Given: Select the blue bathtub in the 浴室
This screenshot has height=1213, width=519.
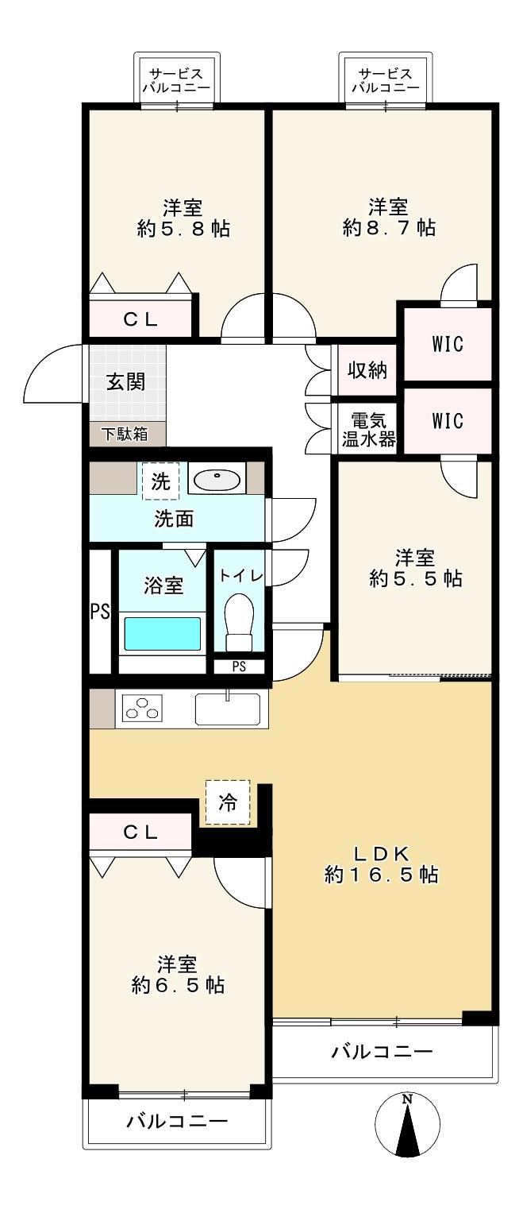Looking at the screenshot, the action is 163,633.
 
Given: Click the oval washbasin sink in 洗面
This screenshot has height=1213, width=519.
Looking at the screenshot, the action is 217,477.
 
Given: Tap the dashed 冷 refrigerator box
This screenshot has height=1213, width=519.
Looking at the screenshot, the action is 227,802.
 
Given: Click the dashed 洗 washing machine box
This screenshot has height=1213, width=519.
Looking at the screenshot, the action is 160,481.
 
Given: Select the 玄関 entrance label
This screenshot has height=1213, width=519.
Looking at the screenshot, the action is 125,382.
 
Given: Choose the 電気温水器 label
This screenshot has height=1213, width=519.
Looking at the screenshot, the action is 368,430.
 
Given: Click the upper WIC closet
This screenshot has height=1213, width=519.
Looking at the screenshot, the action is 448,344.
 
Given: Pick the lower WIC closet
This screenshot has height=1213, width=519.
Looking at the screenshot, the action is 448,420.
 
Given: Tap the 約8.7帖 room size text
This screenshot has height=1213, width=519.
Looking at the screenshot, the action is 389,228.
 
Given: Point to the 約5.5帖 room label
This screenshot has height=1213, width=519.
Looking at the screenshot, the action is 416,579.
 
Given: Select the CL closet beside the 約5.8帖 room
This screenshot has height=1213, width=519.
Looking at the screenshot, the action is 140,319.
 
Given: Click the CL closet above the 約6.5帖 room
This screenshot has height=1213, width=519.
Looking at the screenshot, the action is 140,832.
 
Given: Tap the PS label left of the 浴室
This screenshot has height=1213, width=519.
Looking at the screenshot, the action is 100,612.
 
